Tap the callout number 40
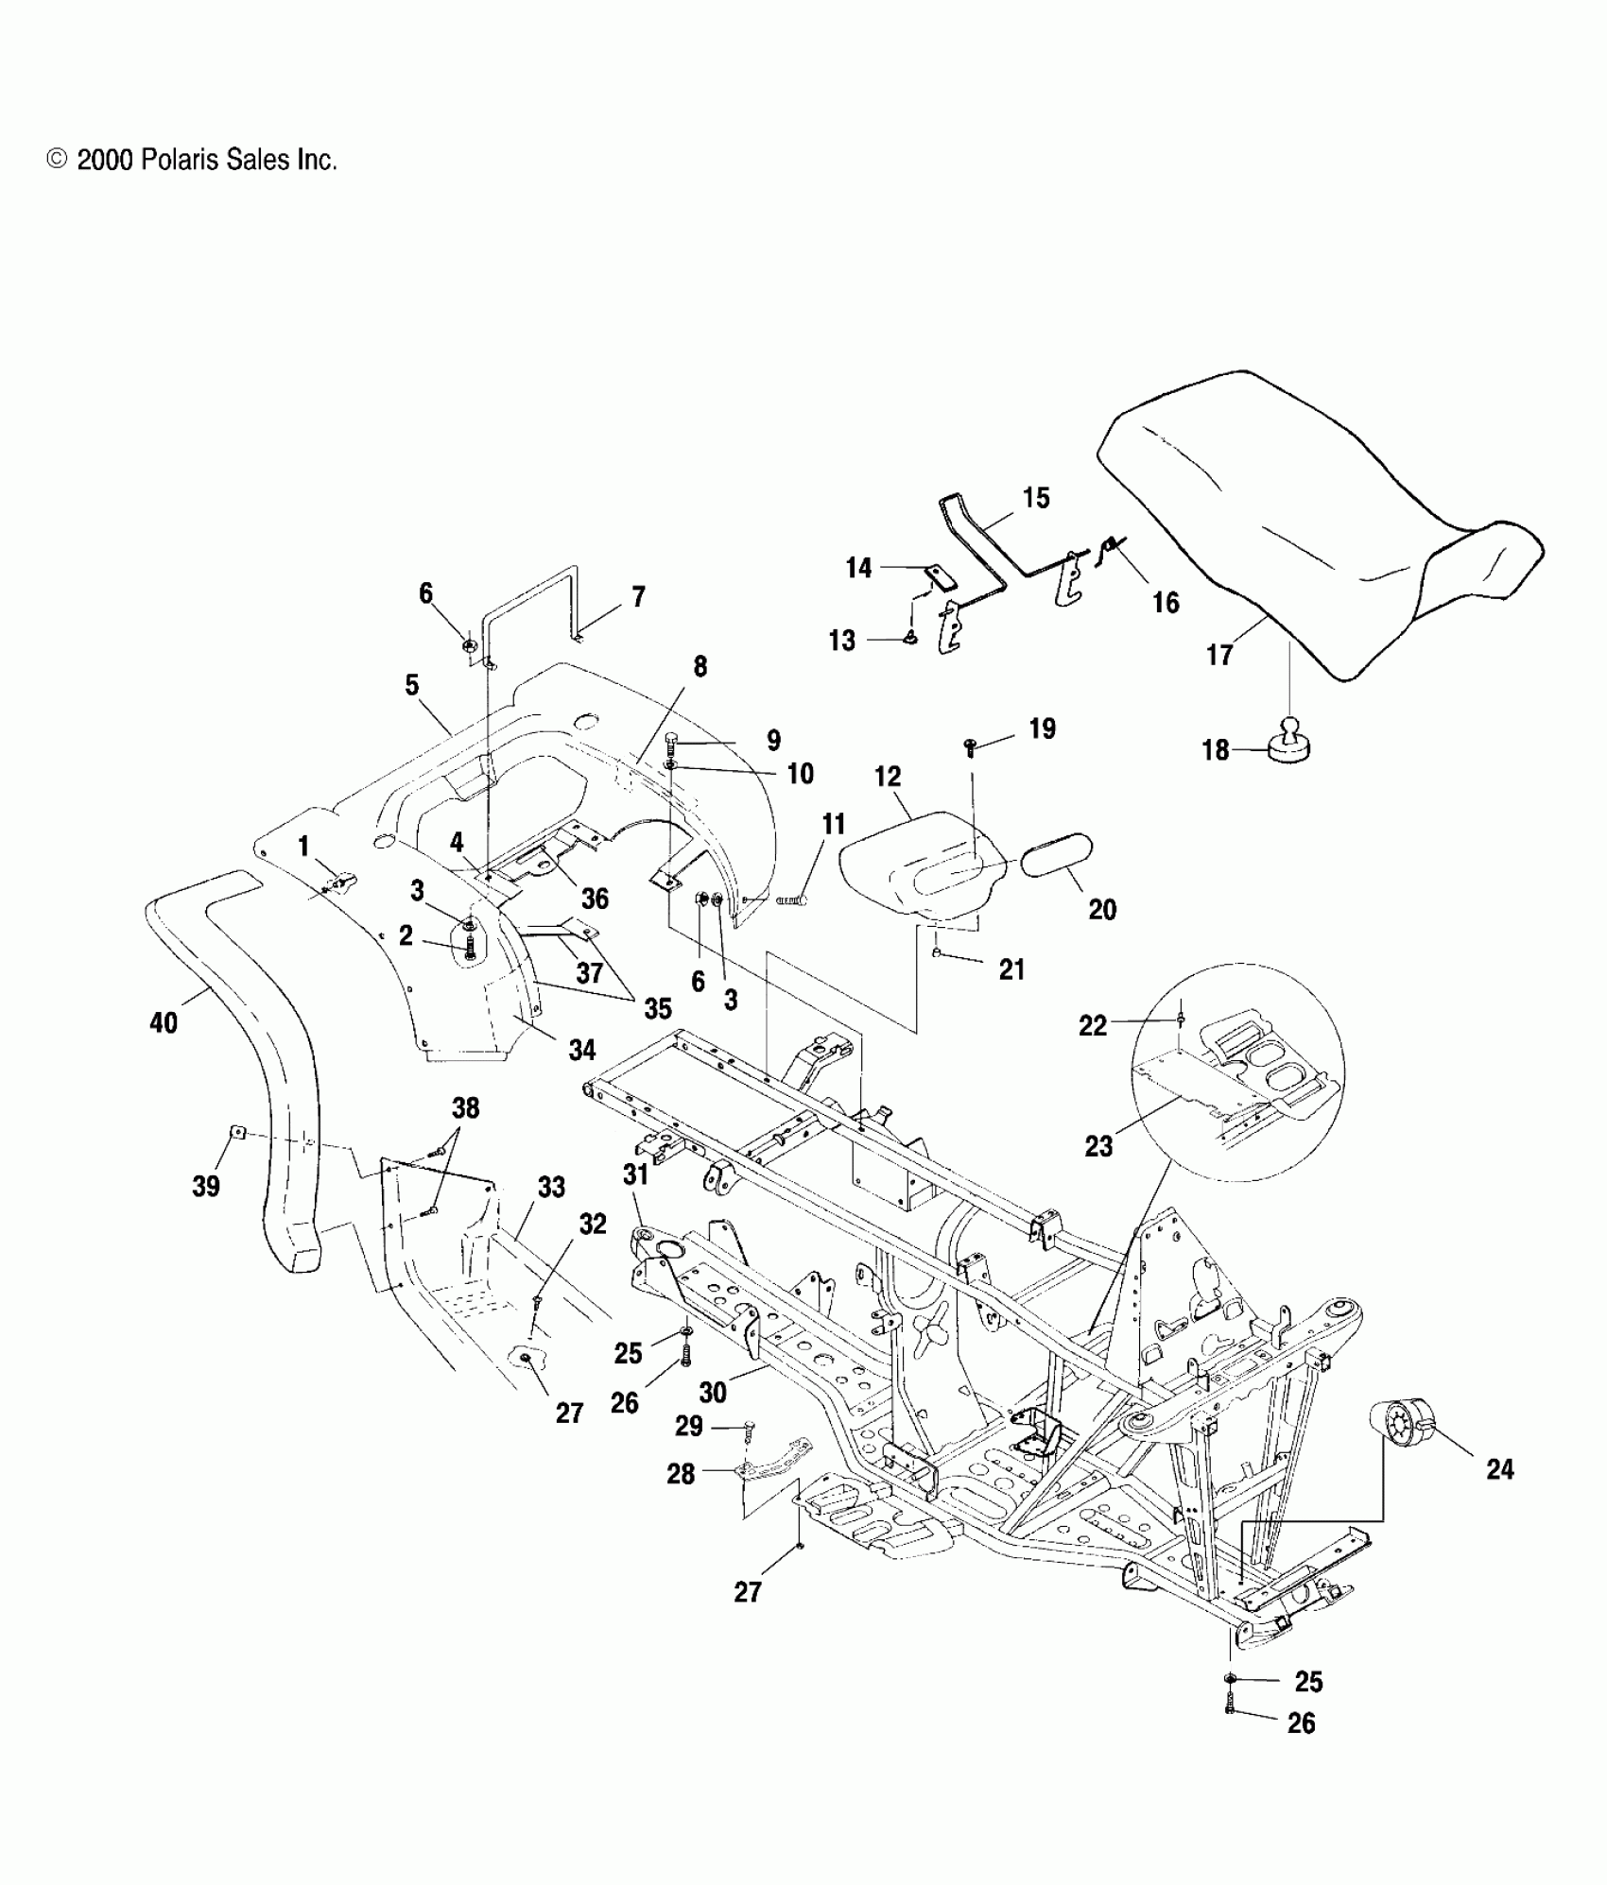pos(164,1022)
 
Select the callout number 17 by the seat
pos(1219,655)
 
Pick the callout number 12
pos(888,777)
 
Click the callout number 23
pos(1098,1146)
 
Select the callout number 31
pos(635,1174)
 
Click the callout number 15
pos(1036,498)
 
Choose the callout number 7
pos(638,596)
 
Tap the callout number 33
pos(551,1187)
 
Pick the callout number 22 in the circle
pos(1093,1025)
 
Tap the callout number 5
pos(411,685)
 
